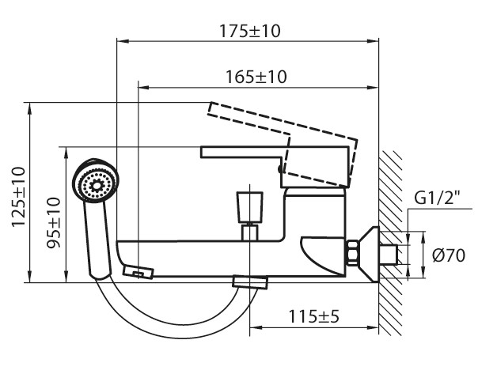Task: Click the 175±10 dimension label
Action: [x=251, y=32]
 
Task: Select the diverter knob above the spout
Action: [x=249, y=208]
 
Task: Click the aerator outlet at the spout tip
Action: [x=138, y=272]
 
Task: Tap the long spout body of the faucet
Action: [x=206, y=257]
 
